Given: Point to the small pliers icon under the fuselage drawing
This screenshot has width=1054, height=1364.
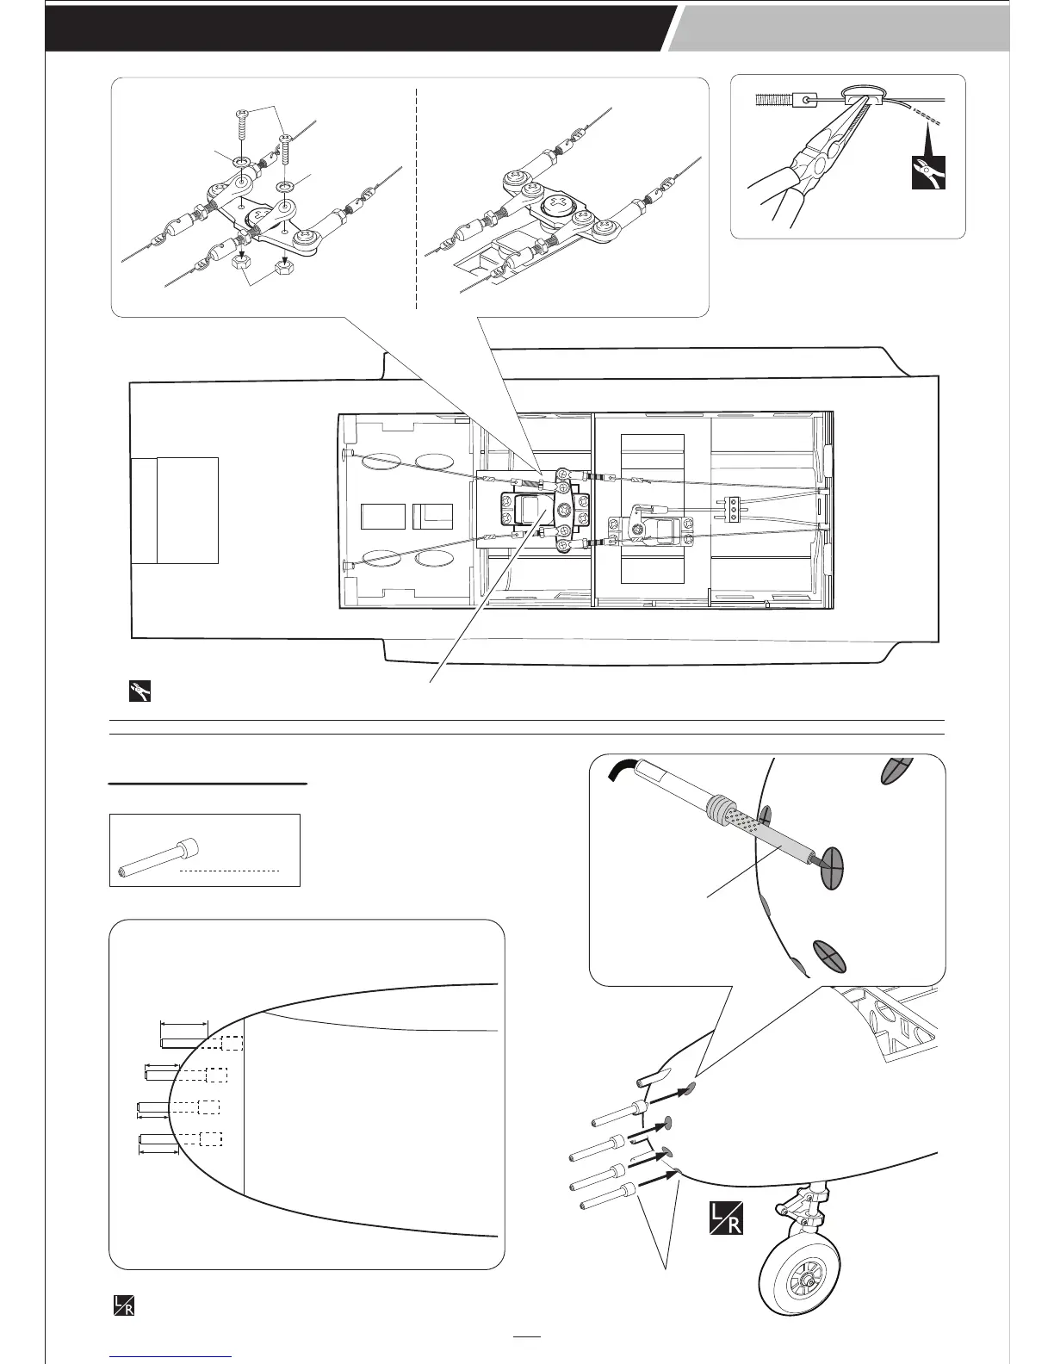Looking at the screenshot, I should click(138, 691).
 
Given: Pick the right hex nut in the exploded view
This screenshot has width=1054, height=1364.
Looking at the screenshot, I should click(285, 265).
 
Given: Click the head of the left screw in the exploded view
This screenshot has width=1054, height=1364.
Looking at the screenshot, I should click(241, 115).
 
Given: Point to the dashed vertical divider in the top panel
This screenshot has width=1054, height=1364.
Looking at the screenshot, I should click(417, 198).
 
